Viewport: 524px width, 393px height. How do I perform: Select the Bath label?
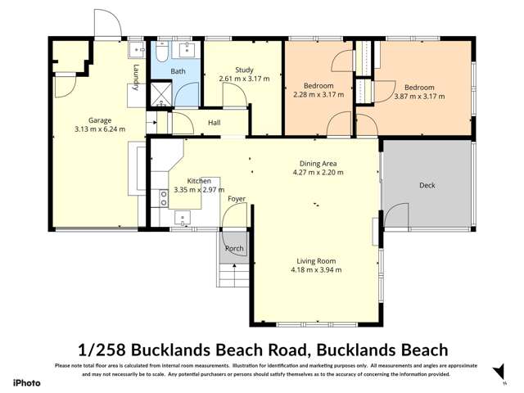[178, 72]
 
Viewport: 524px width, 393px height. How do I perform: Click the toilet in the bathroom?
[162, 54]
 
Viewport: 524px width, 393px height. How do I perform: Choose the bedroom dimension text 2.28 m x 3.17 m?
[318, 95]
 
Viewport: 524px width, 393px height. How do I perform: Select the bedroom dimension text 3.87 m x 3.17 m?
[418, 96]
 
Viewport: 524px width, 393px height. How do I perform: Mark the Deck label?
[427, 186]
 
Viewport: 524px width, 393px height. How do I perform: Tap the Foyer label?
[237, 199]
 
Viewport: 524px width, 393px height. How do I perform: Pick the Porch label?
[234, 248]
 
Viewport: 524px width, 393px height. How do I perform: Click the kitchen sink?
[182, 219]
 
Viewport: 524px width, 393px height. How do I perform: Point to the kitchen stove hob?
[163, 197]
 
